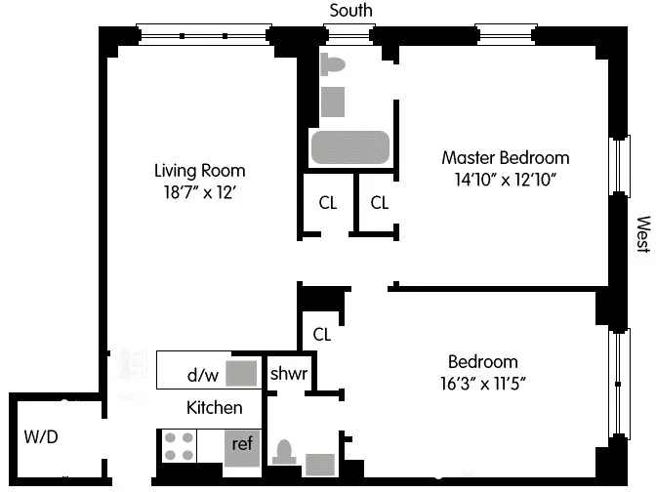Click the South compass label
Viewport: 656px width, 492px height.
[350, 11]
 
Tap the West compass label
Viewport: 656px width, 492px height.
[641, 235]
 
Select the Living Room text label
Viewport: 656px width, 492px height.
[199, 170]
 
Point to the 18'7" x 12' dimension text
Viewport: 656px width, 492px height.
[199, 192]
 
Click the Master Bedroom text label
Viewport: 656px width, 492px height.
[505, 157]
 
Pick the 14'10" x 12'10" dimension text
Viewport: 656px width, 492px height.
[505, 180]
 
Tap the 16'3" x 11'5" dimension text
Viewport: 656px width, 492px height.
[482, 384]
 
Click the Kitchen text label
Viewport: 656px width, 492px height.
[214, 408]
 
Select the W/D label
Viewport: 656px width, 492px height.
[41, 436]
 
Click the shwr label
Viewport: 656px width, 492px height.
[289, 374]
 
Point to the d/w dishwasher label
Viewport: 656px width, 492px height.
[203, 374]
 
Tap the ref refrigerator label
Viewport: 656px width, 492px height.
[242, 443]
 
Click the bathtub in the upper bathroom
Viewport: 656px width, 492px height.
[350, 148]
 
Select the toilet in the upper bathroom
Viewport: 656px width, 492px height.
[334, 66]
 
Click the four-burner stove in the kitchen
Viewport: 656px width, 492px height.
[178, 446]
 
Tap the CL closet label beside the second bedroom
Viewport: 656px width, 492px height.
[322, 334]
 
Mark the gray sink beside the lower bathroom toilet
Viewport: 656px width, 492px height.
[319, 464]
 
